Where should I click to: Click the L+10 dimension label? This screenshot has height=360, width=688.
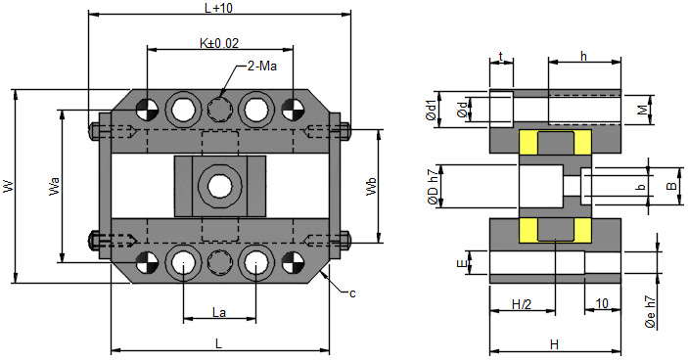pos(219,8)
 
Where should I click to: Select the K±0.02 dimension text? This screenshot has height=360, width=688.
pos(219,43)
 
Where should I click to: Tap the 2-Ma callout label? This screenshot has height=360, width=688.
pos(262,67)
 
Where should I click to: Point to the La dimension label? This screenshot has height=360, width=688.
pos(219,313)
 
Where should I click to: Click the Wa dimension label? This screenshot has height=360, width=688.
pos(54,186)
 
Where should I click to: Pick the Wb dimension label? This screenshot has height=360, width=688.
pos(371,186)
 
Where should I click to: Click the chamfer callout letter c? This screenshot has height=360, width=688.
pos(352,293)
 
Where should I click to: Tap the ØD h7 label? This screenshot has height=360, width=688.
pos(433,187)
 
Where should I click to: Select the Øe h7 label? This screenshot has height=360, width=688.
pos(651,312)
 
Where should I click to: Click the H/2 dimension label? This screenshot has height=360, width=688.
pos(522,304)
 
